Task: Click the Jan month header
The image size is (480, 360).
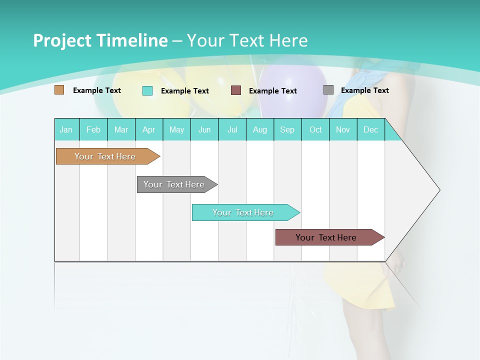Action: (66, 129)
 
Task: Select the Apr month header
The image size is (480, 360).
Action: (149, 129)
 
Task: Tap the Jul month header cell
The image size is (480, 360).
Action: (232, 129)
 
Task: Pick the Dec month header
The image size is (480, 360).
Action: (370, 129)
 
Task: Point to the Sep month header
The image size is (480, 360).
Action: (287, 129)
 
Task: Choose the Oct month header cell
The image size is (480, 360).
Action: (315, 129)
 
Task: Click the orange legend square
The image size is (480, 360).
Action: (59, 90)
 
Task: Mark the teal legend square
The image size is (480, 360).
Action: (147, 90)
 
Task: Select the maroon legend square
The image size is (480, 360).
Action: (236, 90)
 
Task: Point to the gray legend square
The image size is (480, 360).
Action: (328, 90)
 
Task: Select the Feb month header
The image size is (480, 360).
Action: (93, 129)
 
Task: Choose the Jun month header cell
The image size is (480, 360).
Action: (204, 129)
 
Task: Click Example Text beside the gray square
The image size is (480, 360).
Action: (364, 90)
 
